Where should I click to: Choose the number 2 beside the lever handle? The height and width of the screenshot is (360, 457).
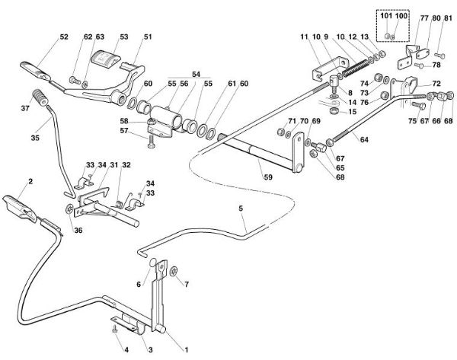[31, 181]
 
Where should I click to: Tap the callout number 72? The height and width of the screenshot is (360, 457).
[437, 83]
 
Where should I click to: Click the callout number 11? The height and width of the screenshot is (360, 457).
[302, 37]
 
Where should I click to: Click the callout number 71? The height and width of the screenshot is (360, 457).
[270, 122]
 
